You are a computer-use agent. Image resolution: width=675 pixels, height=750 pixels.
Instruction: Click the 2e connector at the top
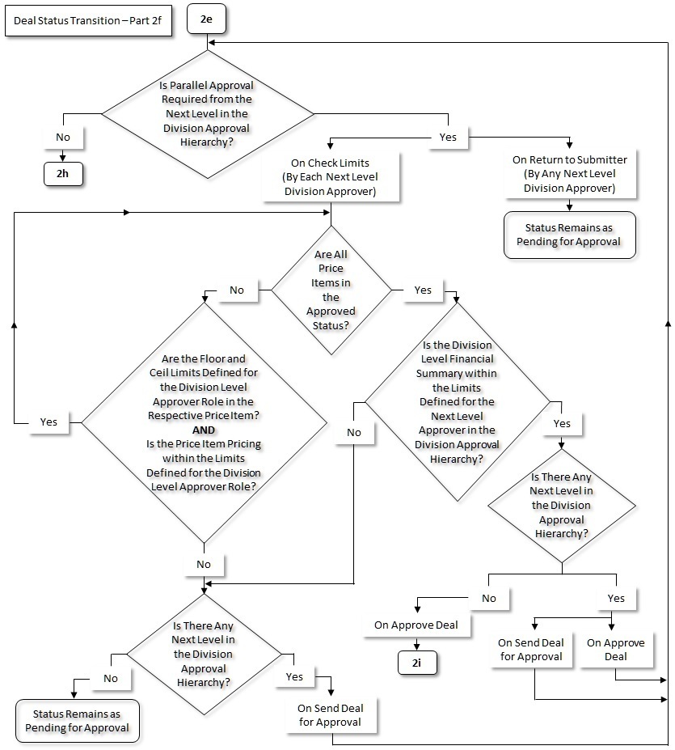click(x=206, y=19)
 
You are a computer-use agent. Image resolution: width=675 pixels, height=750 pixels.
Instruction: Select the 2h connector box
click(x=62, y=176)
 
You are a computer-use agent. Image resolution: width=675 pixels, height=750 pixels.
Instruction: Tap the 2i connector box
click(x=416, y=660)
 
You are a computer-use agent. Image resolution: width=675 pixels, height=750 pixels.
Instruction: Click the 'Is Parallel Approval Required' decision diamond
click(x=207, y=113)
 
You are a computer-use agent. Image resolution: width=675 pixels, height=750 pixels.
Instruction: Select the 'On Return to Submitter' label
click(x=569, y=174)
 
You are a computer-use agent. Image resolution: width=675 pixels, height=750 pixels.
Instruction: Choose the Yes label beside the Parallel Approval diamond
click(x=447, y=137)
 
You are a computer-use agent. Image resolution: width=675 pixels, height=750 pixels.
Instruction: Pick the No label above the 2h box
click(x=62, y=137)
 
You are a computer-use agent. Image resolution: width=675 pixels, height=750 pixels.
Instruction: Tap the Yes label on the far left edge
click(x=49, y=422)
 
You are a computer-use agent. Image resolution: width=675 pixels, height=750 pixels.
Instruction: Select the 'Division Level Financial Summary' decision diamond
click(x=457, y=401)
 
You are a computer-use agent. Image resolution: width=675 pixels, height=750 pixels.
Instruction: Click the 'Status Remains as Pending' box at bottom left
click(x=77, y=721)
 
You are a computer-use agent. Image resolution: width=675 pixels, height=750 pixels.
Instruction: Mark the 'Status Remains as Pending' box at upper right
click(x=569, y=235)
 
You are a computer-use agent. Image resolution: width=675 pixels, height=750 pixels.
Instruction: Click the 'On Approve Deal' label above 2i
click(x=416, y=625)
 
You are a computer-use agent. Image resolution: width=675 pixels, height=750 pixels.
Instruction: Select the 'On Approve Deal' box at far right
click(x=615, y=650)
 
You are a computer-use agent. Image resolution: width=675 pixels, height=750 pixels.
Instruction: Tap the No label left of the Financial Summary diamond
click(x=354, y=432)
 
